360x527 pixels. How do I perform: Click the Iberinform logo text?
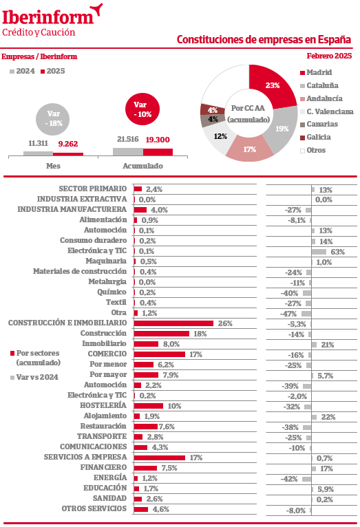[x=47, y=18]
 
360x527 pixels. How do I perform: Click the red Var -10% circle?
[x=142, y=109]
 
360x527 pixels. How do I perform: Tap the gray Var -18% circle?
[x=53, y=119]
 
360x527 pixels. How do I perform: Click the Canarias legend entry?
[x=319, y=124]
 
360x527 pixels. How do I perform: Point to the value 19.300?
[x=158, y=140]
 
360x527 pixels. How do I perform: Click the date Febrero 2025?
[x=329, y=56]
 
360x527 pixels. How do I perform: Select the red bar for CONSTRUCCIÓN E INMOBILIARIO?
[x=173, y=323]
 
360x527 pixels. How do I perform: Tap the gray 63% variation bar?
[x=319, y=252]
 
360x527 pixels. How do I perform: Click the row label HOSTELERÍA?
[x=103, y=405]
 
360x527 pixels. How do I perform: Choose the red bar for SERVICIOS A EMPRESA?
[x=159, y=458]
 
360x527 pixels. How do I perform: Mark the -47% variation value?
[x=288, y=314]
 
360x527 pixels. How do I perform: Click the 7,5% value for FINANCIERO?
[x=169, y=469]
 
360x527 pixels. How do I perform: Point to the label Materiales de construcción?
[x=80, y=271]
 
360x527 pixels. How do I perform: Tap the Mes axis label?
[x=53, y=166]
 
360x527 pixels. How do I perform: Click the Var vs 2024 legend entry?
[x=34, y=378]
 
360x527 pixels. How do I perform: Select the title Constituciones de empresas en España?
[x=264, y=39]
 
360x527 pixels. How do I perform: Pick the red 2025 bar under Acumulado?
[x=158, y=152]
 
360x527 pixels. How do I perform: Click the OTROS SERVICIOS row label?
[x=94, y=509]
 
